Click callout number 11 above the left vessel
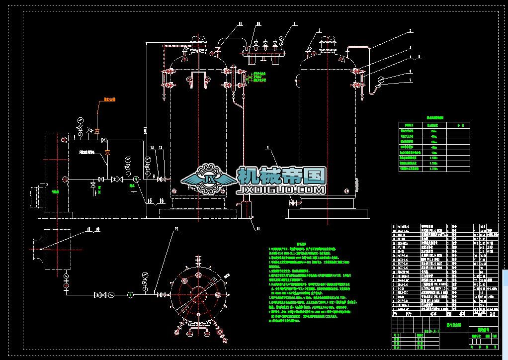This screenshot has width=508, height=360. pos(240,23)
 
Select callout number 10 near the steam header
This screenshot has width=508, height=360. pos(258,23)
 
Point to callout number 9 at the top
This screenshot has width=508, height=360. pos(294,23)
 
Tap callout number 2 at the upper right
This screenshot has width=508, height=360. pos(411,31)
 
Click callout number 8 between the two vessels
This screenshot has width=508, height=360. pos(267,148)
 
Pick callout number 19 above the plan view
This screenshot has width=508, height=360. pos(176,229)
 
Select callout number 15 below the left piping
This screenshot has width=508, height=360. pos(149,201)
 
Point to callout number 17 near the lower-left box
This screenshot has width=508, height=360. pos(89,229)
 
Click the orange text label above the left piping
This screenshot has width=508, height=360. pos(109,99)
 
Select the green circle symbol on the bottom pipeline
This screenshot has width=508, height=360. pos(130,294)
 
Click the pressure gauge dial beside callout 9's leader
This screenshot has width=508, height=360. pos(281,38)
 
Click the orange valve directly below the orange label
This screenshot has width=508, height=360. pos(97,131)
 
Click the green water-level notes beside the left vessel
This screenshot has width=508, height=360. pos(259,79)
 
